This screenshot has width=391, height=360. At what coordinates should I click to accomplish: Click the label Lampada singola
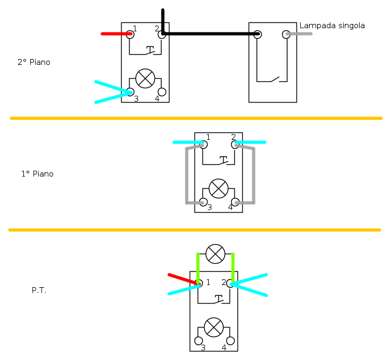[332, 26]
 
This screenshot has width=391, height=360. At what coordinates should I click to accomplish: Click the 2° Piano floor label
[34, 62]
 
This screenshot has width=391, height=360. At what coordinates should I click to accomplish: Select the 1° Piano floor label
[37, 174]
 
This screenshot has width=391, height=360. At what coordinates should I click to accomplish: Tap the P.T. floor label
[39, 291]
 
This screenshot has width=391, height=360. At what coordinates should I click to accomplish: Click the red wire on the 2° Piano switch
[115, 34]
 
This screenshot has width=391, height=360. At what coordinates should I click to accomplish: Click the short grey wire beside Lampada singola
[300, 34]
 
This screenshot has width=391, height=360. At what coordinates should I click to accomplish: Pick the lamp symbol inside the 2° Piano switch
[145, 79]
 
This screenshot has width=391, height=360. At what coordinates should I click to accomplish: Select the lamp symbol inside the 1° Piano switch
[218, 188]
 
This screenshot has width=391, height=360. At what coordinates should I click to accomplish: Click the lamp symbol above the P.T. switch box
[215, 254]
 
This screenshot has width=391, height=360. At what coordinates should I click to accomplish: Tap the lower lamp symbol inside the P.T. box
[214, 327]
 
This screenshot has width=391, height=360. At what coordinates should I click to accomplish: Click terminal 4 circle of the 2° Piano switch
[162, 92]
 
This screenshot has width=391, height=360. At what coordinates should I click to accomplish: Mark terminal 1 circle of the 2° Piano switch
[130, 34]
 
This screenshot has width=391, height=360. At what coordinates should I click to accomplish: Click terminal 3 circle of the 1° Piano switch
[203, 202]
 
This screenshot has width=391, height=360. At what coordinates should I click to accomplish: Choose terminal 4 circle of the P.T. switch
[231, 341]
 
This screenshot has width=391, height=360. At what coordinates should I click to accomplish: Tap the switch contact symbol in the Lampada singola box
[272, 80]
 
